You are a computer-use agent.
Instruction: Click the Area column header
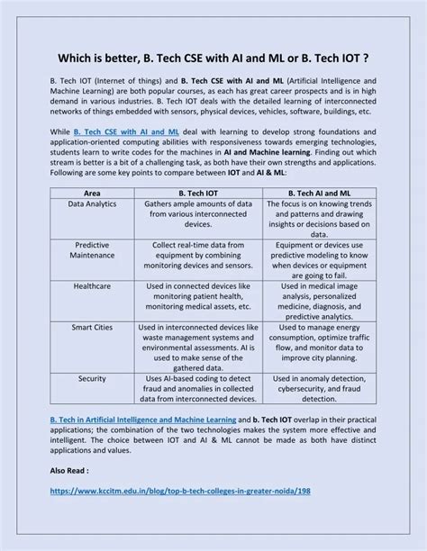point(92,194)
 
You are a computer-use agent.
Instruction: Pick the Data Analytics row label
point(92,205)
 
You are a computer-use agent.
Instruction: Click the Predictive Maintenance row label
point(92,250)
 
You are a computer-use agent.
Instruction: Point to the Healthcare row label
point(92,285)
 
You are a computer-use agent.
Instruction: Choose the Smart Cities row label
point(92,328)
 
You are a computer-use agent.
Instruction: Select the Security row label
point(92,380)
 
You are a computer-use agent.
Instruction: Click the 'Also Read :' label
point(70,471)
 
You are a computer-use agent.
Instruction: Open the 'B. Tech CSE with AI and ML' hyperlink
point(117,131)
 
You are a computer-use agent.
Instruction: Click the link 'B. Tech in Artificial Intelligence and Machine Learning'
point(141,420)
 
